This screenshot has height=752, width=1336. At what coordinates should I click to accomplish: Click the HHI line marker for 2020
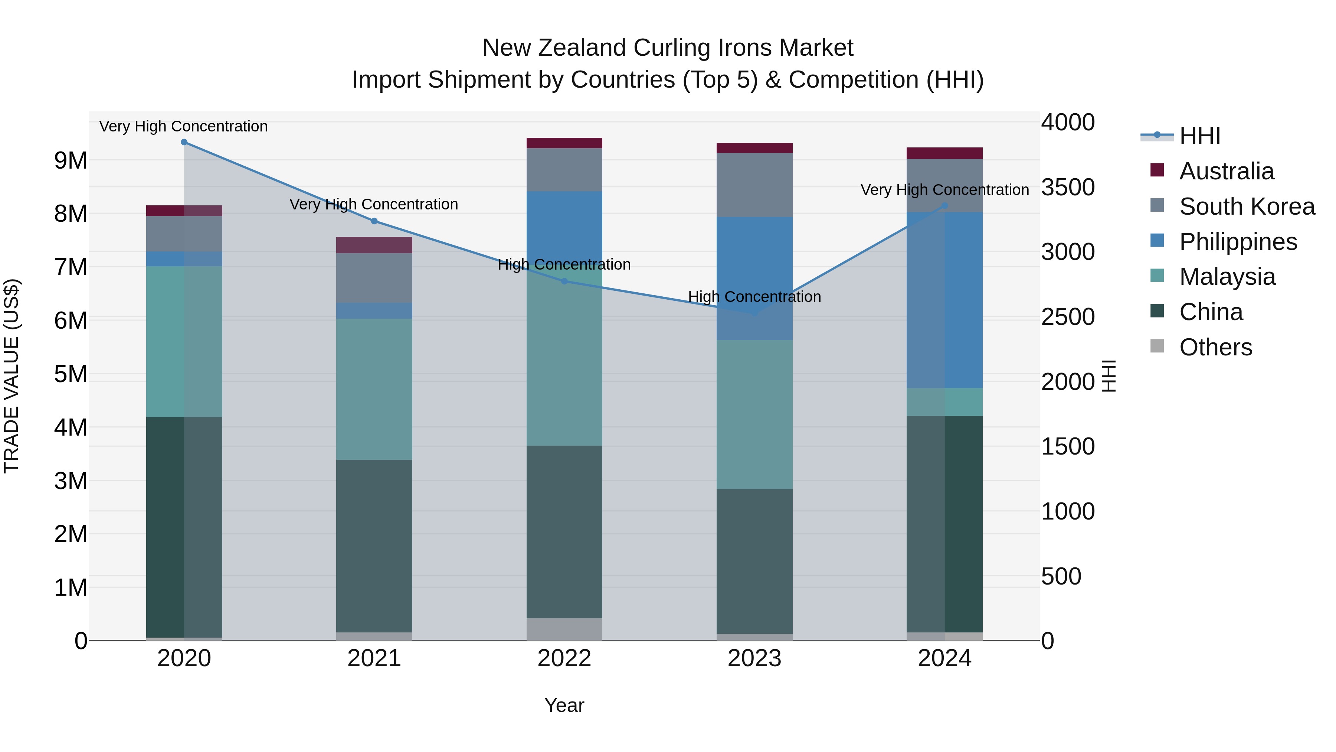click(x=184, y=142)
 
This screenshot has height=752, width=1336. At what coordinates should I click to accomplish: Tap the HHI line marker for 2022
click(x=564, y=281)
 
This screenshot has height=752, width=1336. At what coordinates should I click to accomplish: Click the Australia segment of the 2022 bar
click(x=564, y=143)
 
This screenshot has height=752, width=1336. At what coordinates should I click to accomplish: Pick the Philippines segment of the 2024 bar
click(x=944, y=300)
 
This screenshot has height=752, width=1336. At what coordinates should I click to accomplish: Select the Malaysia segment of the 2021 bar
click(x=374, y=389)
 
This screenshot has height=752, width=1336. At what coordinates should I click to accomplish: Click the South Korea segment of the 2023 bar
click(x=754, y=185)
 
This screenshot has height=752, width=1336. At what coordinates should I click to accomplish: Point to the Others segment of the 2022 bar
click(x=564, y=629)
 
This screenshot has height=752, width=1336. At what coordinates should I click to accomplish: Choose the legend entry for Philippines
click(x=1238, y=242)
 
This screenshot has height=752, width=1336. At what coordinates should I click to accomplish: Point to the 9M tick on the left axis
click(x=71, y=161)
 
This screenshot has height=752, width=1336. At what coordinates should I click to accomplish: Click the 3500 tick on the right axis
click(x=1068, y=188)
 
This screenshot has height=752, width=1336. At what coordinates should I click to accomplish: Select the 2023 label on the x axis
click(x=754, y=658)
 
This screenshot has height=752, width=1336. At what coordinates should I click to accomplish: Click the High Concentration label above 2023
click(x=754, y=297)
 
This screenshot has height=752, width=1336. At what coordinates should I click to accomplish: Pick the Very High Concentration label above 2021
click(x=374, y=205)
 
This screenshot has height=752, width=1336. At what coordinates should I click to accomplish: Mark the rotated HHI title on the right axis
click(x=1108, y=376)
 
